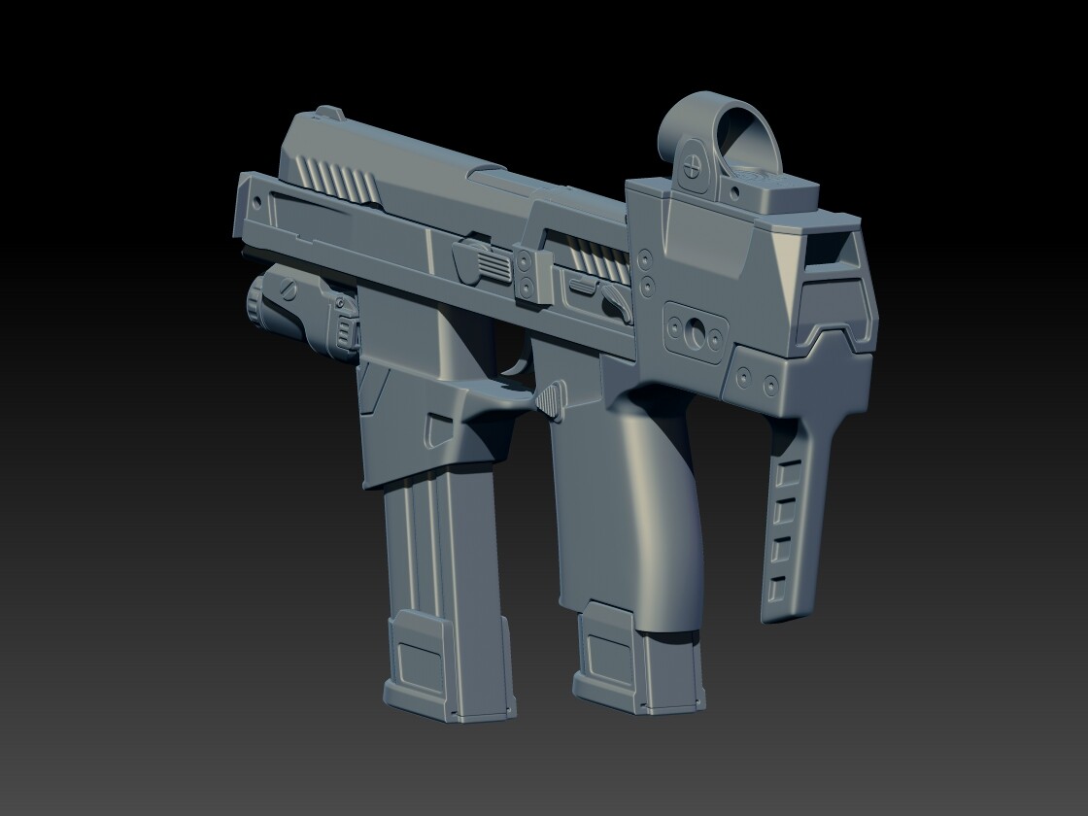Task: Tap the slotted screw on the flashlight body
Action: [288, 289]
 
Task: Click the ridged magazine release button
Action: [550, 398]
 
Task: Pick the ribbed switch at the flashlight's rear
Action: [344, 324]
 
